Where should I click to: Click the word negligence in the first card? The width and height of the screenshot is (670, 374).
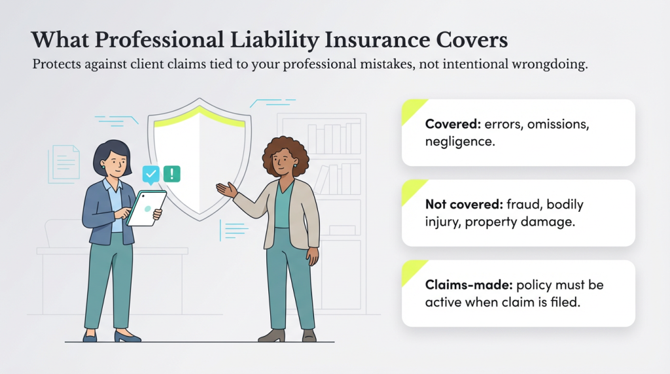(458, 141)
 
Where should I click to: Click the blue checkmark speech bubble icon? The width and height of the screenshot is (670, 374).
(151, 174)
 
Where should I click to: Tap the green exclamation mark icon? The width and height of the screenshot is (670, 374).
(171, 173)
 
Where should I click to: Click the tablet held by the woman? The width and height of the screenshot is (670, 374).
(146, 208)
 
